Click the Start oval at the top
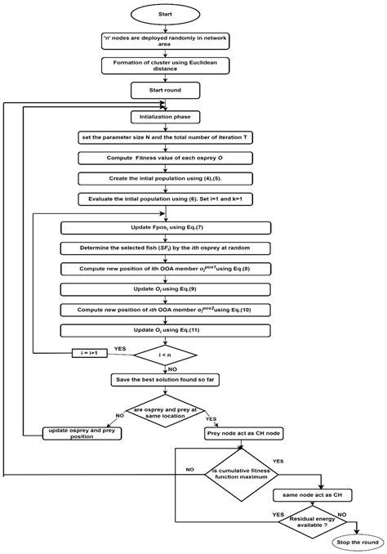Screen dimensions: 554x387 166,14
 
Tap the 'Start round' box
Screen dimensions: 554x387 166,89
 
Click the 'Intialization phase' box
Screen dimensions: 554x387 166,118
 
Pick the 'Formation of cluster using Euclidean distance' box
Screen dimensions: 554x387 166,65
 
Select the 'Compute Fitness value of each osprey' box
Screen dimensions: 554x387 166,157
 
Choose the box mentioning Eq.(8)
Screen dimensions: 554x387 166,268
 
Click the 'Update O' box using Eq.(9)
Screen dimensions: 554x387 166,290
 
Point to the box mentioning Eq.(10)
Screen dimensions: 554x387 166,310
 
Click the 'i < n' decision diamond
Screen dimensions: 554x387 166,355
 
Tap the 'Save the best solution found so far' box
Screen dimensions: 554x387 166,380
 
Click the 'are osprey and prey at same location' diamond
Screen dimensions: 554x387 166,412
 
